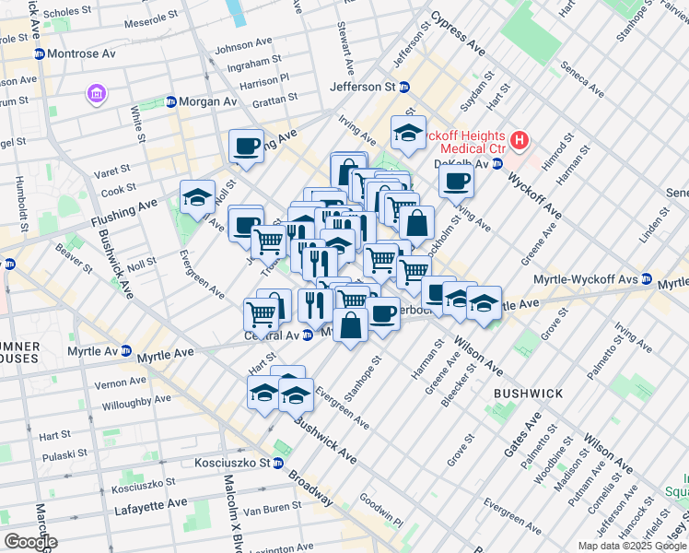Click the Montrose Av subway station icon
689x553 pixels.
[39, 54]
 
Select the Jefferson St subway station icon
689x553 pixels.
[403, 87]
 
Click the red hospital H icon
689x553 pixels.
[520, 141]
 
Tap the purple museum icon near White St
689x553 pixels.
[97, 93]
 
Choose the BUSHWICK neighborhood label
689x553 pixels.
[528, 394]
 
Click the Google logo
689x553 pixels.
[30, 542]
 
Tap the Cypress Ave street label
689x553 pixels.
[457, 33]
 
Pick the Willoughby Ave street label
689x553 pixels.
[136, 402]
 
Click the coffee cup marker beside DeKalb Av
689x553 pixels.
[455, 181]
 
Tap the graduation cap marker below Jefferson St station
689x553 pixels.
[408, 133]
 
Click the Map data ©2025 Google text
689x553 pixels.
[631, 546]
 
